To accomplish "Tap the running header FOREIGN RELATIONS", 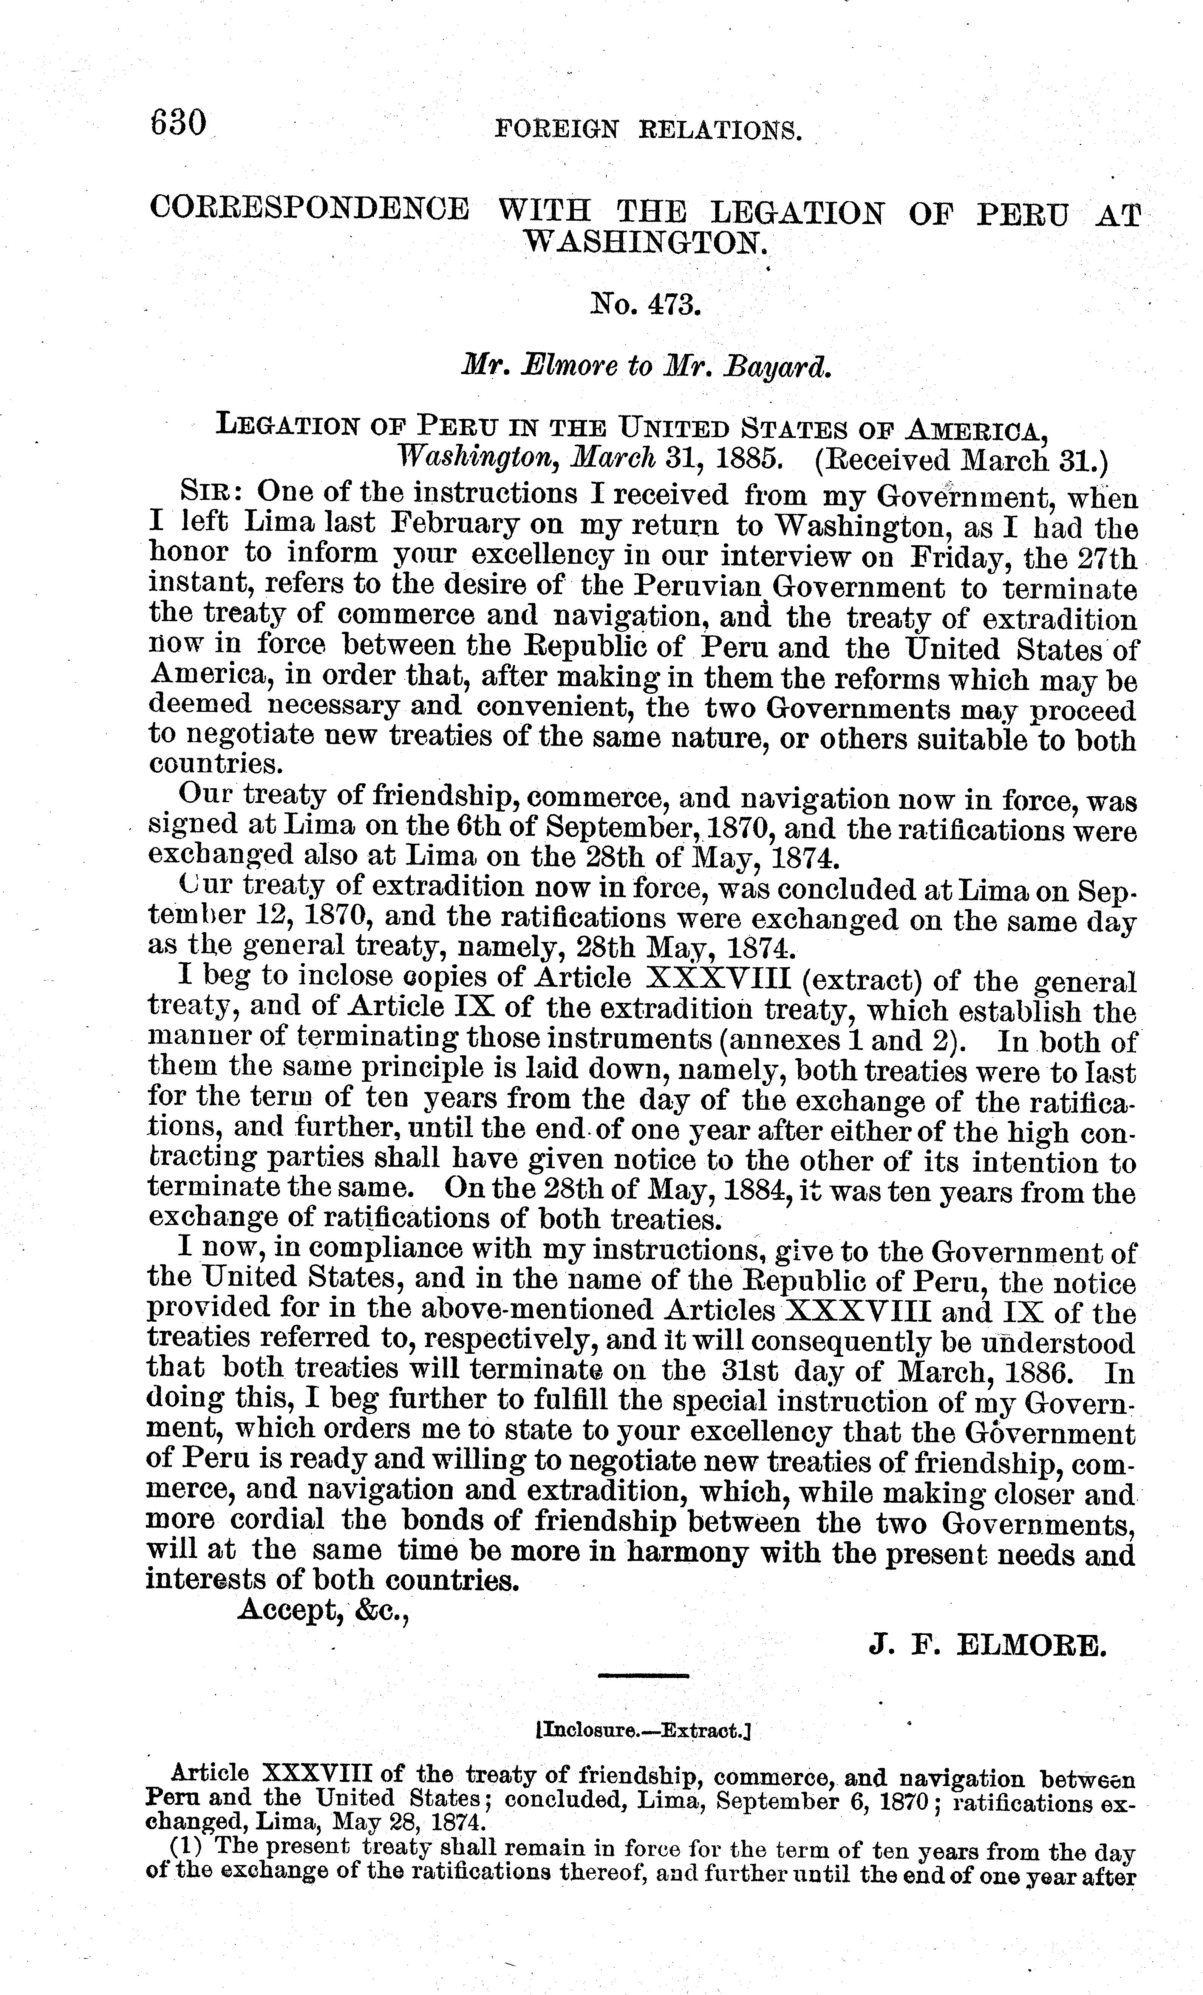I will [648, 130].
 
